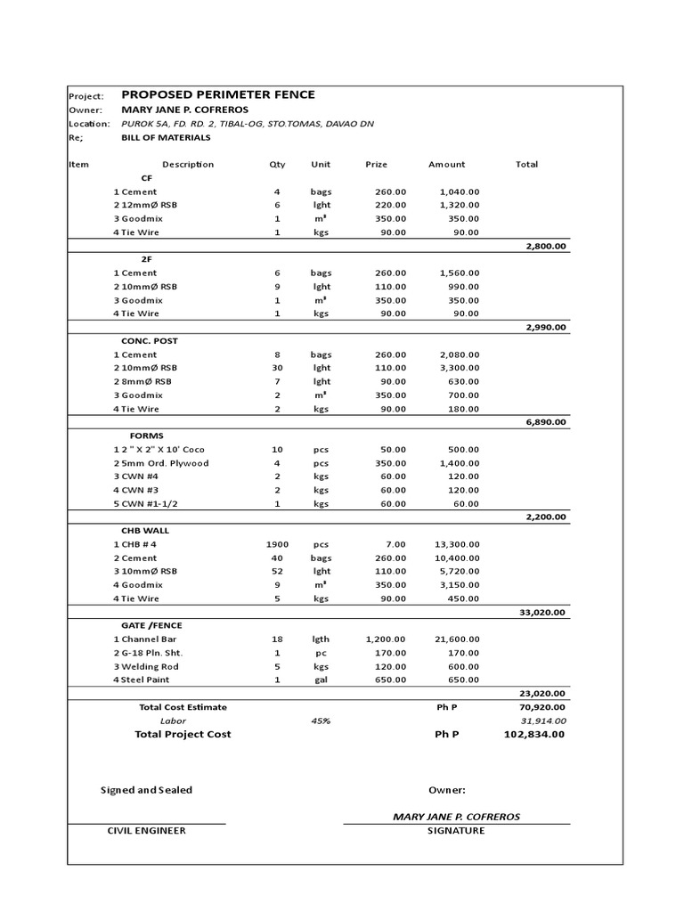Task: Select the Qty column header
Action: click(x=277, y=164)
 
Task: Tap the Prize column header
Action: click(x=377, y=164)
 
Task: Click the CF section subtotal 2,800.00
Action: click(x=546, y=246)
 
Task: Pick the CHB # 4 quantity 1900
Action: click(x=277, y=544)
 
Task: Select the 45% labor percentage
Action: click(x=322, y=721)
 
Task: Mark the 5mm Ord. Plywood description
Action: click(x=164, y=463)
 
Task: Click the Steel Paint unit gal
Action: click(x=321, y=680)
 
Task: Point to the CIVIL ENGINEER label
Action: click(x=146, y=830)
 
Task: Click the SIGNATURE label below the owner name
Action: click(x=456, y=830)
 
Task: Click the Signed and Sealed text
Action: click(x=146, y=790)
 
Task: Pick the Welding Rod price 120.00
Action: click(x=388, y=666)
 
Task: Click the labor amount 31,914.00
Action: click(x=543, y=721)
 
